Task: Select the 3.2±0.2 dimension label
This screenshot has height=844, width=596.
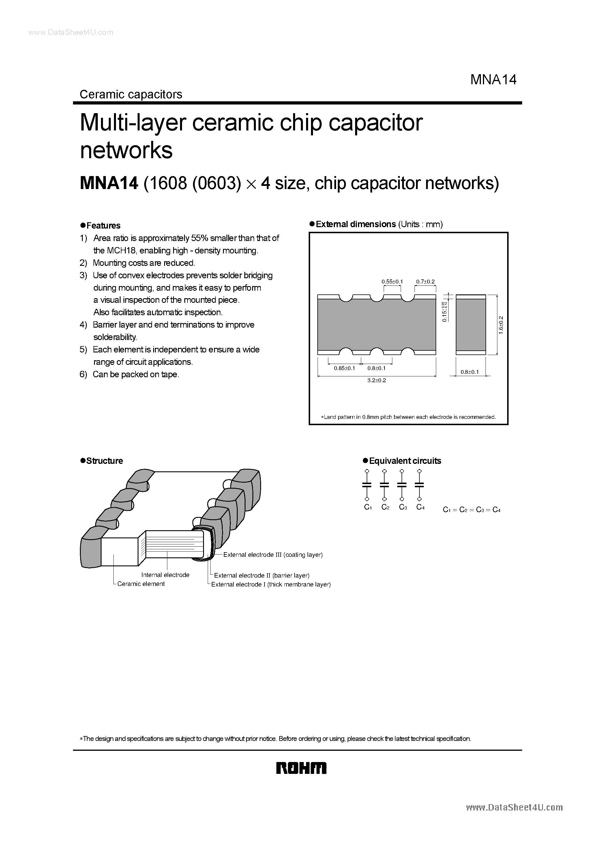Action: click(x=377, y=380)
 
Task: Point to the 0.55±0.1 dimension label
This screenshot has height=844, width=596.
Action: click(x=392, y=282)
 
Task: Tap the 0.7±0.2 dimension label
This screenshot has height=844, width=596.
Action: click(x=425, y=282)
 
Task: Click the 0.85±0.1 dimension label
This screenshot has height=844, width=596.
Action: click(x=344, y=368)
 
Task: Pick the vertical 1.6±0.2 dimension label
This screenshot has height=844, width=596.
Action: click(x=501, y=325)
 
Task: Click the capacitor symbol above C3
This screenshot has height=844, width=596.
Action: click(x=402, y=485)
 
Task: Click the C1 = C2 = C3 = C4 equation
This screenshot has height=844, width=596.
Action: click(x=472, y=510)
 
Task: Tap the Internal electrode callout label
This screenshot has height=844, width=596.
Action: click(x=165, y=575)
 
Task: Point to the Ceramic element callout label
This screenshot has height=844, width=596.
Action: click(x=141, y=584)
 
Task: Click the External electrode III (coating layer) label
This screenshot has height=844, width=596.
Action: click(x=273, y=555)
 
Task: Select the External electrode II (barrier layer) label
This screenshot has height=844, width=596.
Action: click(x=262, y=575)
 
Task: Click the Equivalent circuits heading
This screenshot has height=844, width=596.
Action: click(x=404, y=461)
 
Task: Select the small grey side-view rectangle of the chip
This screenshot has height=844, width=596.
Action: click(x=471, y=325)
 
